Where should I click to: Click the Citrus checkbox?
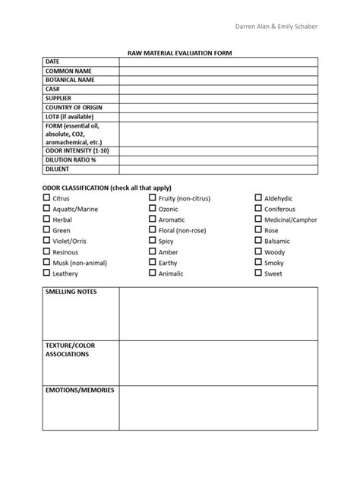point(47,198)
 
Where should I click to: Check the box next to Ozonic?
point(153,209)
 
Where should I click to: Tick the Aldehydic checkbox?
point(258,198)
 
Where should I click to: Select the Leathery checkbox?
point(47,273)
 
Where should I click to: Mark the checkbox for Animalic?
point(153,273)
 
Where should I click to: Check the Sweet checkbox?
point(258,273)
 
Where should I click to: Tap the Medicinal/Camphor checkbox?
point(258,219)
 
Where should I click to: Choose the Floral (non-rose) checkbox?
point(153,230)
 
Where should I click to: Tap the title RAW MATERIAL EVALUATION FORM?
point(179,52)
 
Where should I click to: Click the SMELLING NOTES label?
point(71,292)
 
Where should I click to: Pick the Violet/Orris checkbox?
point(47,241)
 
